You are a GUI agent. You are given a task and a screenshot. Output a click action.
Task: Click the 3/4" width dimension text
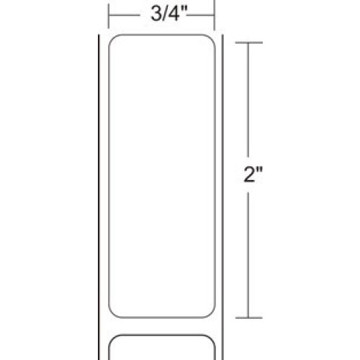162,12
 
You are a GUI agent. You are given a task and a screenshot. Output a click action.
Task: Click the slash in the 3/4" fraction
157,12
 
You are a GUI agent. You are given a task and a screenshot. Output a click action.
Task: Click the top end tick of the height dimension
249,44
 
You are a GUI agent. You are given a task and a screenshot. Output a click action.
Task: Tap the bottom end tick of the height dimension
249,318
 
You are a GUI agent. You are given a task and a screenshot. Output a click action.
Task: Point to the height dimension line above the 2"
249,101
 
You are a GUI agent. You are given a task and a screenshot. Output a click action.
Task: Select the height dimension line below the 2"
249,252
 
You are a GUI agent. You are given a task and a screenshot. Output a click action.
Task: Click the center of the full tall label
162,180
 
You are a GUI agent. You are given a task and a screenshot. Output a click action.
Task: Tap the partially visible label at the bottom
162,347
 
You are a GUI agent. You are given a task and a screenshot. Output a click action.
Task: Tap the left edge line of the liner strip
99,180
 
